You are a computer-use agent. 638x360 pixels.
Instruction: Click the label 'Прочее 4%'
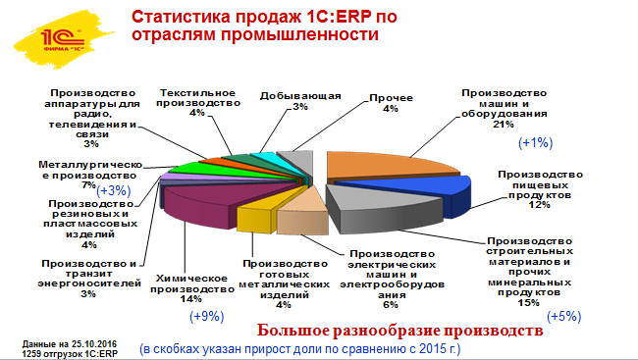390,103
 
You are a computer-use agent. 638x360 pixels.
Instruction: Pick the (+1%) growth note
537,143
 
